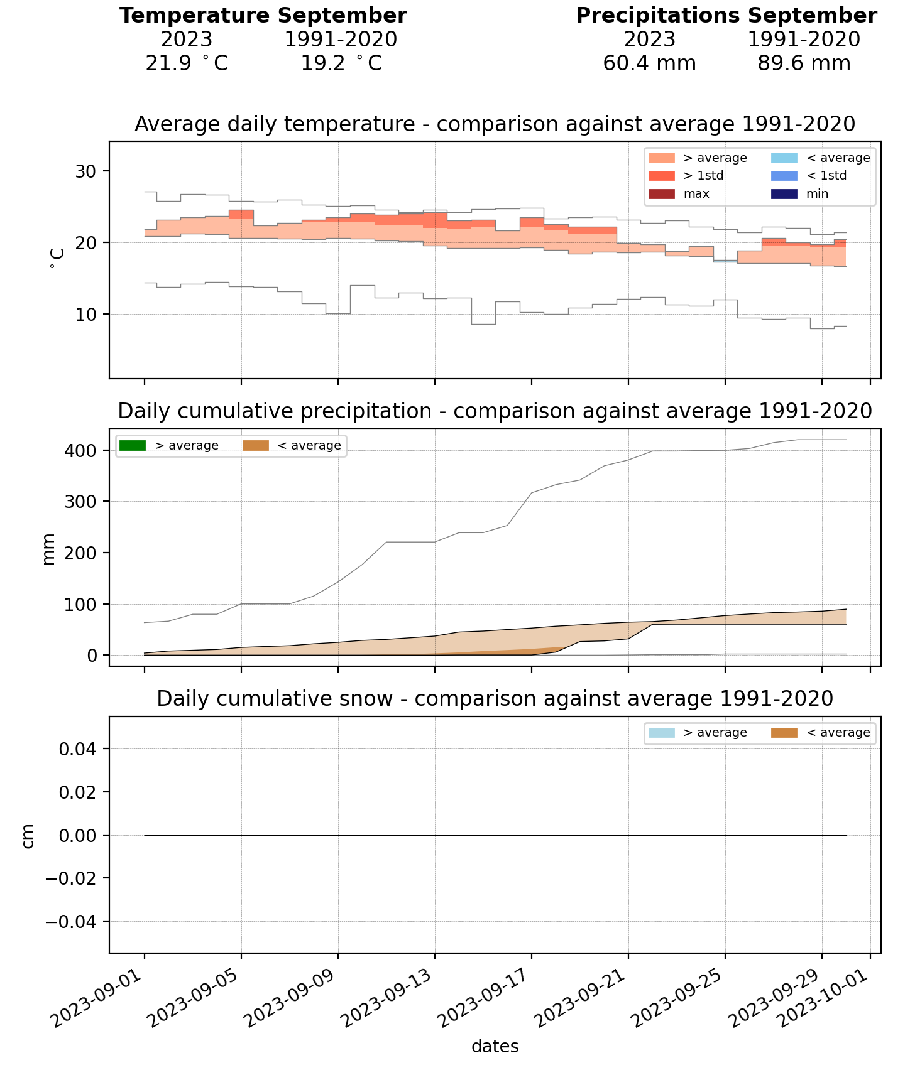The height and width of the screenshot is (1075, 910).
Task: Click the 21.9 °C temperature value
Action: (187, 63)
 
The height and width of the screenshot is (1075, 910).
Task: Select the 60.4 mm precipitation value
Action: (649, 63)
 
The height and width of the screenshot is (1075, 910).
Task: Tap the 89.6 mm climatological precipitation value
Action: (804, 63)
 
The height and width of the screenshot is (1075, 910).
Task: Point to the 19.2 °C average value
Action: (341, 63)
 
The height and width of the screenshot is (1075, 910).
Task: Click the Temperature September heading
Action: (263, 16)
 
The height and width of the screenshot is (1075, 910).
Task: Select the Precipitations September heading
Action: (726, 16)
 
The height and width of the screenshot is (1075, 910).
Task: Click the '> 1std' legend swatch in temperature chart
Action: (661, 176)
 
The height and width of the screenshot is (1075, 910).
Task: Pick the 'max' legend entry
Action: (696, 194)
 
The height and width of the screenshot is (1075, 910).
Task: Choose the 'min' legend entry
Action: (818, 194)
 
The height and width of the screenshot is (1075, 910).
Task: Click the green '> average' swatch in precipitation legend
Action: (132, 446)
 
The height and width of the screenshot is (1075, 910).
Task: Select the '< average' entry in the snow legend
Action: (838, 733)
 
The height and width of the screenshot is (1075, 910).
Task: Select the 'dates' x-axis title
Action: (495, 1047)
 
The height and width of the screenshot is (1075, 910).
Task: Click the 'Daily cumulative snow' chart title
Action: (495, 699)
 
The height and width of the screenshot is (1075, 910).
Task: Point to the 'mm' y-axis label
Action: (48, 549)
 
